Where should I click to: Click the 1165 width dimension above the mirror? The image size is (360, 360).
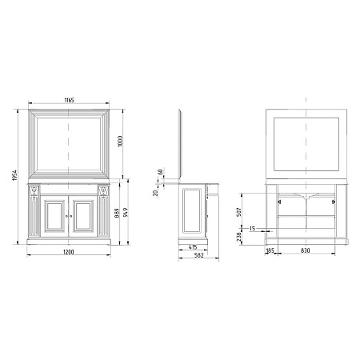click(69, 100)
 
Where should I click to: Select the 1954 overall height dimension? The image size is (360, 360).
click(14, 175)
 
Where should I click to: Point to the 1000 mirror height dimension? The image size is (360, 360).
click(120, 141)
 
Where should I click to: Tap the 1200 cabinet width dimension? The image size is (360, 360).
click(69, 252)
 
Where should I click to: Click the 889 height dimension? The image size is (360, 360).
click(117, 214)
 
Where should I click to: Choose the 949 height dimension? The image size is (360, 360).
click(126, 212)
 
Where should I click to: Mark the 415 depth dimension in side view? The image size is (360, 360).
click(193, 247)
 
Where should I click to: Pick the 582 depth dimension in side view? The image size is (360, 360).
click(199, 255)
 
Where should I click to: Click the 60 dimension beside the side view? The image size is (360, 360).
click(160, 172)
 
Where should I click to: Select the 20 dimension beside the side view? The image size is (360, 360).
click(155, 193)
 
